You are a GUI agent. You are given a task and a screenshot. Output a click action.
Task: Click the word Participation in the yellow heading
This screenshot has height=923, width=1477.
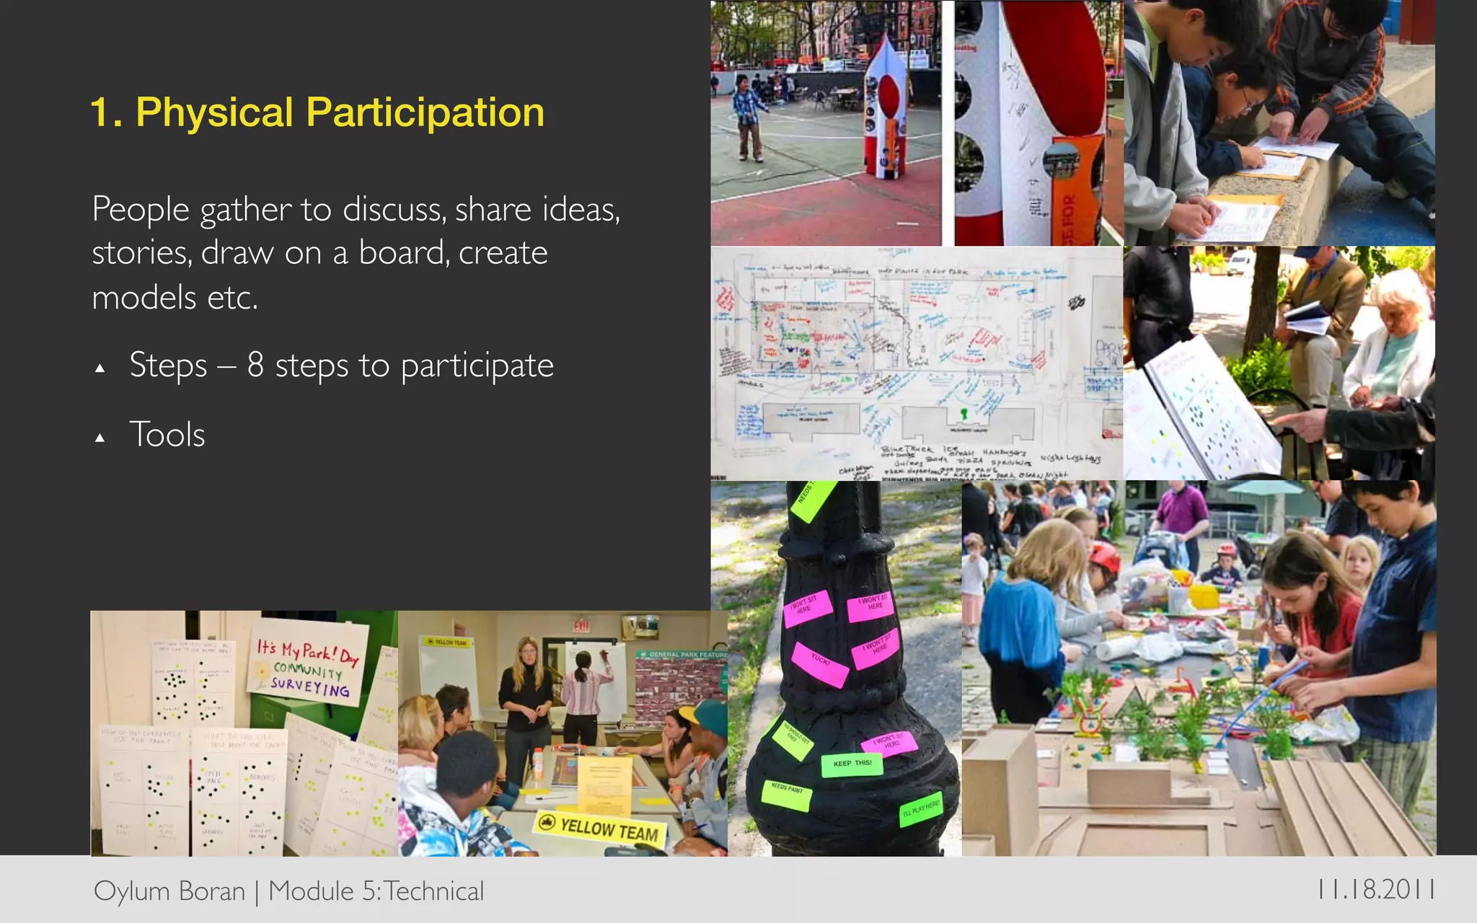pyautogui.click(x=425, y=113)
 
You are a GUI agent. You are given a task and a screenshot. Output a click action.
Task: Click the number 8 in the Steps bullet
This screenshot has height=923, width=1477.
pyautogui.click(x=255, y=364)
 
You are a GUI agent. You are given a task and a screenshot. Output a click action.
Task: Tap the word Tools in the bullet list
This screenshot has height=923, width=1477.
pyautogui.click(x=167, y=435)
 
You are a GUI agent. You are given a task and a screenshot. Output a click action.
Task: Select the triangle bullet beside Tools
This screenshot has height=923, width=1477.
pyautogui.click(x=100, y=438)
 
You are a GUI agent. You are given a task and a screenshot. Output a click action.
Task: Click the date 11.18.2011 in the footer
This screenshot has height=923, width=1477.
pyautogui.click(x=1375, y=889)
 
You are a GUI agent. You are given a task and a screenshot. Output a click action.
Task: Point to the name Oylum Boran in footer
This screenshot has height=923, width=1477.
pyautogui.click(x=169, y=891)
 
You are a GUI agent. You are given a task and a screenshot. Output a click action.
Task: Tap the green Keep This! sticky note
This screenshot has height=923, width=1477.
pyautogui.click(x=852, y=764)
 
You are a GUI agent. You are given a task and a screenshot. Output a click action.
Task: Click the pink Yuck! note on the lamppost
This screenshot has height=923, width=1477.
pyautogui.click(x=820, y=663)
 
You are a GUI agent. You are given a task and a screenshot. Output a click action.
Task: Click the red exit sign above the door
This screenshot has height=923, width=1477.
pyautogui.click(x=581, y=625)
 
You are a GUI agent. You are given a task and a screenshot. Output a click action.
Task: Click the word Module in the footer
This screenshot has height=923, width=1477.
pyautogui.click(x=311, y=891)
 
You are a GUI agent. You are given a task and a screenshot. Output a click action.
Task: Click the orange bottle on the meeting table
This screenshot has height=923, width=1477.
pyautogui.click(x=537, y=763)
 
